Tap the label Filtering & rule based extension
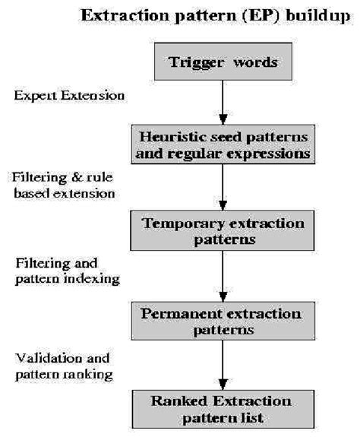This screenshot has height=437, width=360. tap(64, 185)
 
